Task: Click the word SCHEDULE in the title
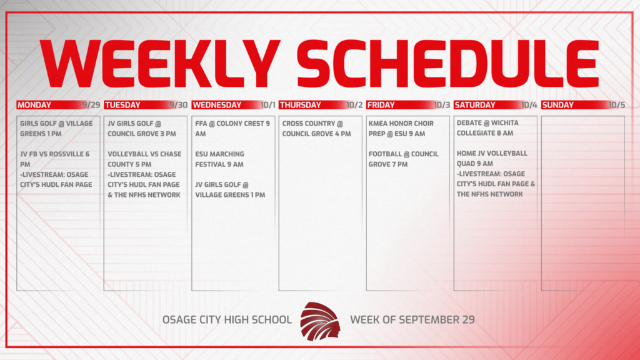point(447,64)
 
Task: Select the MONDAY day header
point(34,105)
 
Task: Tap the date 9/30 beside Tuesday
point(178,105)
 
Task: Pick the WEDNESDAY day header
point(217,105)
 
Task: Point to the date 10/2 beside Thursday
point(354,105)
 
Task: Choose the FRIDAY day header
point(381,105)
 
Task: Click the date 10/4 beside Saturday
point(529,105)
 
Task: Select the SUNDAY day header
point(557,105)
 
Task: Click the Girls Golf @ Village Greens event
point(56,129)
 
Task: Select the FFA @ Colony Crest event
point(232,129)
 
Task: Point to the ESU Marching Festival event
point(219,159)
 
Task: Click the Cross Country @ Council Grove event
point(316,129)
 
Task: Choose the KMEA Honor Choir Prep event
point(401,129)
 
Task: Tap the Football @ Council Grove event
point(403,159)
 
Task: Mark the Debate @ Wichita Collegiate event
point(487,127)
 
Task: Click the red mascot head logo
point(320,321)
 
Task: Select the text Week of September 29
point(412,319)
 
